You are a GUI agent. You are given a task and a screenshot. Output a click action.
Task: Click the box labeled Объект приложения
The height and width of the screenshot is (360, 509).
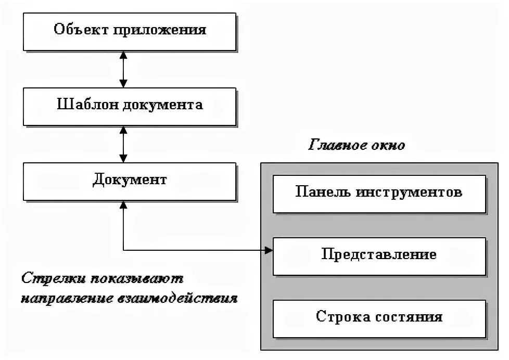(130, 30)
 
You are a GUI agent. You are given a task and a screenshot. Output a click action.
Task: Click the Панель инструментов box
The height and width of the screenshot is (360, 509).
(379, 192)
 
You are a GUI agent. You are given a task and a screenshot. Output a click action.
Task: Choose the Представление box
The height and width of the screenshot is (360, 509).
(379, 255)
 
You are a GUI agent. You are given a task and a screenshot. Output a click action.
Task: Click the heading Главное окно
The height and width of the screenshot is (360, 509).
(358, 145)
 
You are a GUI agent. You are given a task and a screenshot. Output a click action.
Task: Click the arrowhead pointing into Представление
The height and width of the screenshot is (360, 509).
(268, 250)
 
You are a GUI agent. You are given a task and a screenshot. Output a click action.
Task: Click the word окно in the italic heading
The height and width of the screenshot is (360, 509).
(388, 145)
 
